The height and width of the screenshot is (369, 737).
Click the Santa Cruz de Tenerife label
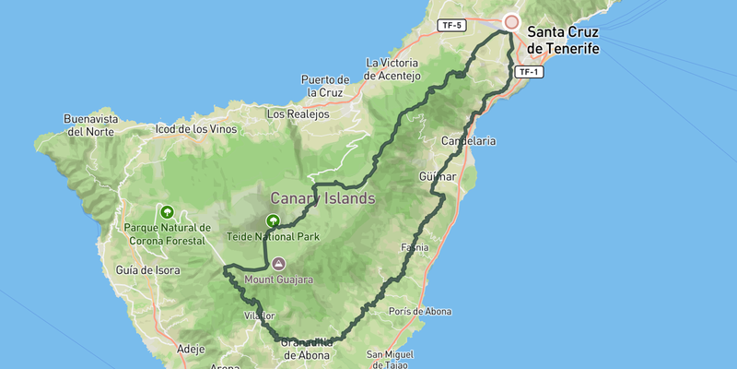tap(563, 40)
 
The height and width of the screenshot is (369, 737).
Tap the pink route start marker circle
tap(511, 22)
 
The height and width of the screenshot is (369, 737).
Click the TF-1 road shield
tap(528, 71)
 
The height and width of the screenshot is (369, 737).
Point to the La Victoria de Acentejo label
tap(393, 69)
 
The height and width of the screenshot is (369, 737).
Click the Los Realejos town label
tap(297, 114)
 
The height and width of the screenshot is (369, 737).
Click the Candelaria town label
tap(469, 141)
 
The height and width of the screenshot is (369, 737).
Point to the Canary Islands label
tap(322, 198)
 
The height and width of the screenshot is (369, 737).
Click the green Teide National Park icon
tap(273, 220)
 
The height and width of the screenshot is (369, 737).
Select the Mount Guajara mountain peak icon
tap(278, 264)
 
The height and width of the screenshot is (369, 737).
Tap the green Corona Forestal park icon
tap(168, 210)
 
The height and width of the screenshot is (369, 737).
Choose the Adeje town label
tap(191, 349)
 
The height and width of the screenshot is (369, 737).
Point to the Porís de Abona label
tap(420, 312)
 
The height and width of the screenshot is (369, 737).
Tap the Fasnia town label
tap(415, 247)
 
